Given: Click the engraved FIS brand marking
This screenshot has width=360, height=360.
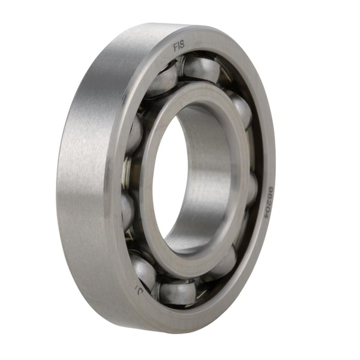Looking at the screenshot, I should (x=179, y=46).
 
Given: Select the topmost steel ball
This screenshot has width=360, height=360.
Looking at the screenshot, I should (x=201, y=68).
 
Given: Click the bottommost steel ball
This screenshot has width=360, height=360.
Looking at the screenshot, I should (x=178, y=292).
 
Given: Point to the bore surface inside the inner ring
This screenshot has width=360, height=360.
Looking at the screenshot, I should (x=210, y=168).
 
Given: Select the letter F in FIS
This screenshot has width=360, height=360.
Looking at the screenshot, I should (x=175, y=46).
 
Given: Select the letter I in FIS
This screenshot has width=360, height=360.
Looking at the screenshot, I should (x=179, y=46).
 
